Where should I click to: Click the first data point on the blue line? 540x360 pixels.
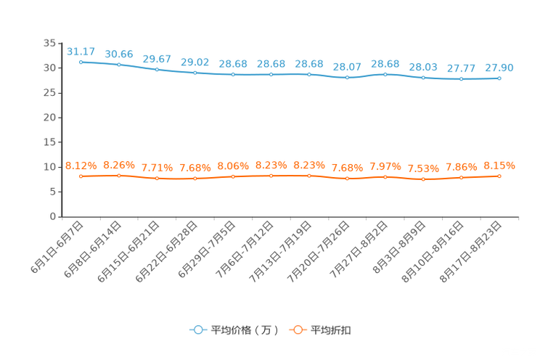(x=81, y=62)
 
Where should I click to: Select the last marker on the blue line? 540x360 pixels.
(x=499, y=78)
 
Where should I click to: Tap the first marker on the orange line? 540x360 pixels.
(x=81, y=176)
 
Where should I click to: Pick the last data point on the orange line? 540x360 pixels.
(x=499, y=176)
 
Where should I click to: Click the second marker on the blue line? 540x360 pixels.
(x=119, y=65)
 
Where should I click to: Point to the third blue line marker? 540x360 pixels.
(x=157, y=70)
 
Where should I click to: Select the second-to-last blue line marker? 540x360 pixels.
(x=461, y=78)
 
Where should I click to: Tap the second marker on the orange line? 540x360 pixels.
(x=119, y=175)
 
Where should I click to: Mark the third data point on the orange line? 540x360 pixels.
(x=157, y=178)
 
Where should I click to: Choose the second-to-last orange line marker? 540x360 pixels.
(x=461, y=177)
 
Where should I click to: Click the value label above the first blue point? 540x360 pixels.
(x=81, y=52)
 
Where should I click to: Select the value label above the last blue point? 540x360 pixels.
(x=499, y=67)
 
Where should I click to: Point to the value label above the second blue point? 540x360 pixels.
(x=119, y=54)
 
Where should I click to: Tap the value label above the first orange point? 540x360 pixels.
(x=81, y=165)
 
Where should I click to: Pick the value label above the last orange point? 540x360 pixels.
(x=499, y=165)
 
